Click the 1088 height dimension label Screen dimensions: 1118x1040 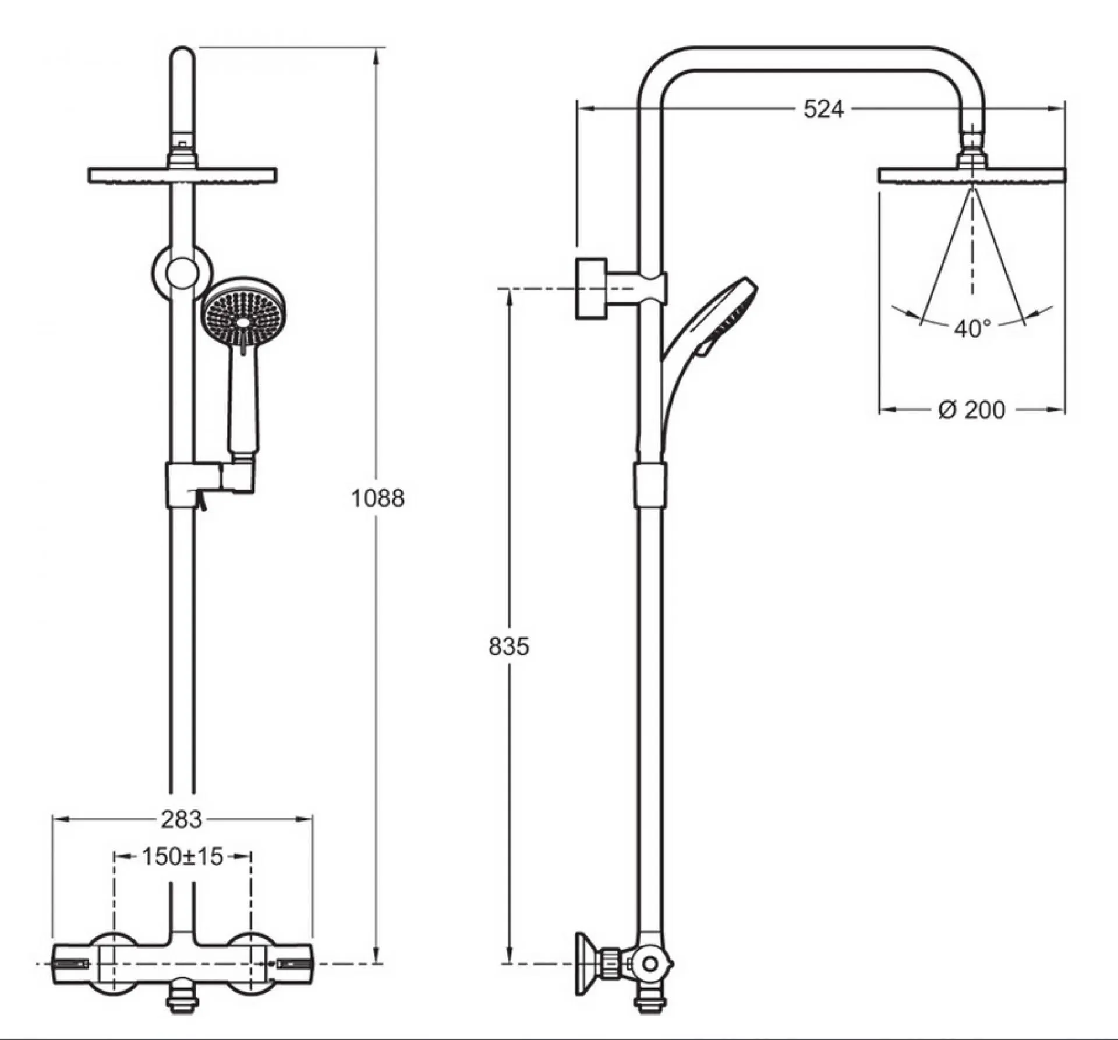point(377,498)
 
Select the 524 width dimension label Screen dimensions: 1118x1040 point(823,109)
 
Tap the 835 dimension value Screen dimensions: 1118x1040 point(509,646)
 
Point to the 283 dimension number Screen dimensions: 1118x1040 point(182,820)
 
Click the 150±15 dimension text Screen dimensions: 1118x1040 point(182,857)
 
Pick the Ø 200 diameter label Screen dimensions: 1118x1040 point(972,410)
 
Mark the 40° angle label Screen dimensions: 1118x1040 point(972,329)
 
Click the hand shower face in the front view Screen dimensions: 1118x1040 point(244,312)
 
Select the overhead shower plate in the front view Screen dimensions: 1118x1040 point(182,176)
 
